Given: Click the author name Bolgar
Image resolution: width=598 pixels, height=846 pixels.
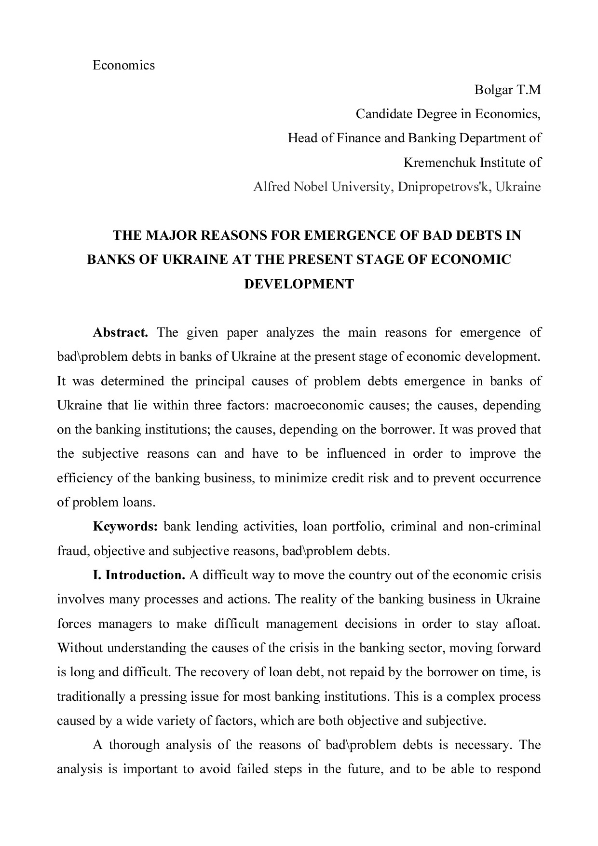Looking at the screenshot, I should [x=493, y=90].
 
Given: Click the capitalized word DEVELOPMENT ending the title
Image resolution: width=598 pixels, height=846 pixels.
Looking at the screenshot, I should [x=299, y=284].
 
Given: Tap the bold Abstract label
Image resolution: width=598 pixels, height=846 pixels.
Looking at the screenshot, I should [x=120, y=333].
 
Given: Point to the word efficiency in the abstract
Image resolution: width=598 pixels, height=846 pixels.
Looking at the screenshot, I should [x=85, y=478].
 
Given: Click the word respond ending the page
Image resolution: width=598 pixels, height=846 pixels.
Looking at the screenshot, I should [x=520, y=769].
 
